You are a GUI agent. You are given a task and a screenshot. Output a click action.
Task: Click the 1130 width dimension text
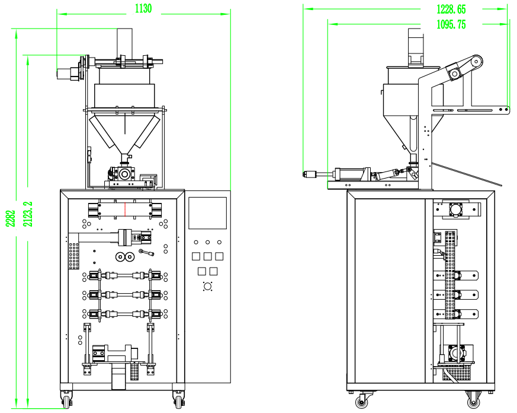143,8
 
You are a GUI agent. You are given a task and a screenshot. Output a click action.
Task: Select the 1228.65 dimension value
451,9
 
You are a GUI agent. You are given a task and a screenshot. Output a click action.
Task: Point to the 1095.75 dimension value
451,24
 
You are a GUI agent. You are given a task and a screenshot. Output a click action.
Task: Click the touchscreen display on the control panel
207,212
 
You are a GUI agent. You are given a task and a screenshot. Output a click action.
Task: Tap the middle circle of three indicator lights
208,242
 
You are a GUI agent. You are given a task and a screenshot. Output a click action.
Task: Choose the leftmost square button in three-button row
196,256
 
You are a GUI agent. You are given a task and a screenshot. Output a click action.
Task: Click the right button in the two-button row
213,271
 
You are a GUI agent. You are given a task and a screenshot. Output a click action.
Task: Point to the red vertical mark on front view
126,209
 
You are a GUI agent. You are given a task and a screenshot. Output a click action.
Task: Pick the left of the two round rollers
120,257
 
